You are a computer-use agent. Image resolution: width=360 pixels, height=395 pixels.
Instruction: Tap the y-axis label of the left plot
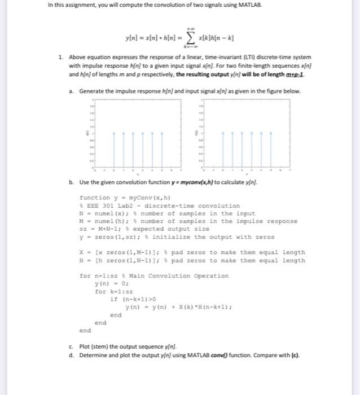click(86, 134)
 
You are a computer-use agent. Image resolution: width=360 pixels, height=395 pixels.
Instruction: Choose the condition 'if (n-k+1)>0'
click(131, 299)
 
